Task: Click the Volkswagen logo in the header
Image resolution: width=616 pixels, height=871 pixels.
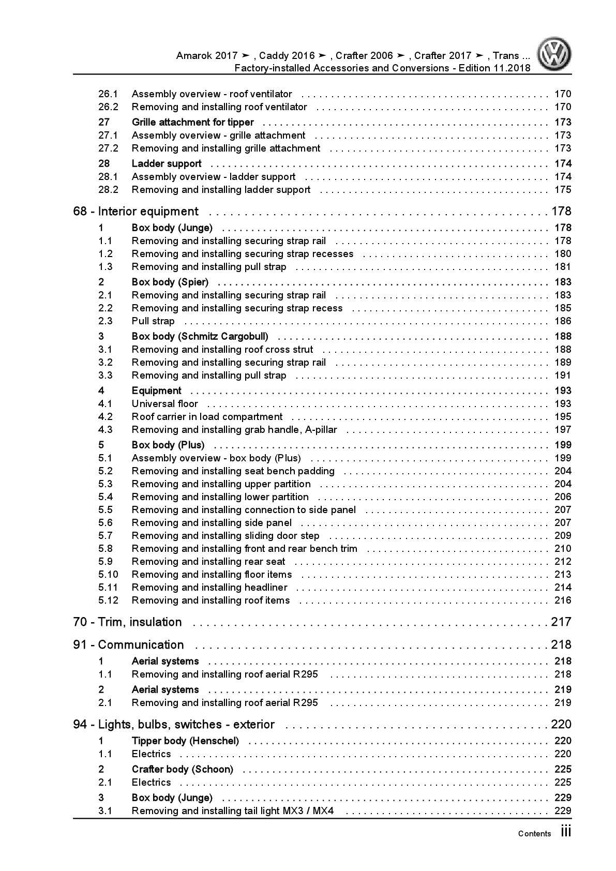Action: click(x=553, y=54)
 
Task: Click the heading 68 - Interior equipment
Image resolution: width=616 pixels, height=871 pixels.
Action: click(x=136, y=211)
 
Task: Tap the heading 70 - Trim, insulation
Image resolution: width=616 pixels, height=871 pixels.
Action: click(x=127, y=622)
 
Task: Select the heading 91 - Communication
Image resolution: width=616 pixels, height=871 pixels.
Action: click(x=128, y=644)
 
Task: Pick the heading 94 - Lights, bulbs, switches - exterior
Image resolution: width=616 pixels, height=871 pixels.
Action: click(x=174, y=724)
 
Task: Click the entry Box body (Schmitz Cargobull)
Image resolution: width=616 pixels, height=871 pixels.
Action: click(x=200, y=336)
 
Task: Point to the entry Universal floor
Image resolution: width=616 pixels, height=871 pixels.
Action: click(x=164, y=403)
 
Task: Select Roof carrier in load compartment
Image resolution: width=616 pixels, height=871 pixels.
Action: click(x=207, y=416)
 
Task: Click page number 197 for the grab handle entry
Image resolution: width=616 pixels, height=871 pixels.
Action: click(x=563, y=429)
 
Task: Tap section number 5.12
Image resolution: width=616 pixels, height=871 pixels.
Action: click(x=108, y=600)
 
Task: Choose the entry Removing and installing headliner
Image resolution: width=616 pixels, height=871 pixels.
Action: click(x=209, y=587)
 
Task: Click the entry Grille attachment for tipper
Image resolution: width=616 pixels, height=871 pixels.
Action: click(x=192, y=122)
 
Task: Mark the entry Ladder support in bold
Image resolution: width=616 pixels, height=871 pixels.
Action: click(x=167, y=163)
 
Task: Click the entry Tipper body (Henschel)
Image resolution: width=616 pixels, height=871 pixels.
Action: click(x=185, y=741)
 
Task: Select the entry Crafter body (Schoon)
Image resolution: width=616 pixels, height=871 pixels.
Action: click(x=182, y=769)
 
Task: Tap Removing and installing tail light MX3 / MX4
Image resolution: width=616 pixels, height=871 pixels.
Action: click(x=232, y=810)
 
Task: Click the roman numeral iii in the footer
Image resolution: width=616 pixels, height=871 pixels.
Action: click(x=565, y=832)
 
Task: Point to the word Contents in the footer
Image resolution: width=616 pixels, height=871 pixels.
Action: click(x=534, y=833)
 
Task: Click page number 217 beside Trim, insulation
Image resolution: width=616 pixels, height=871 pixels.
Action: click(x=561, y=622)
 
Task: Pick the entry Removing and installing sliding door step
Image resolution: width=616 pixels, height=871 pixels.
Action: click(x=225, y=535)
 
